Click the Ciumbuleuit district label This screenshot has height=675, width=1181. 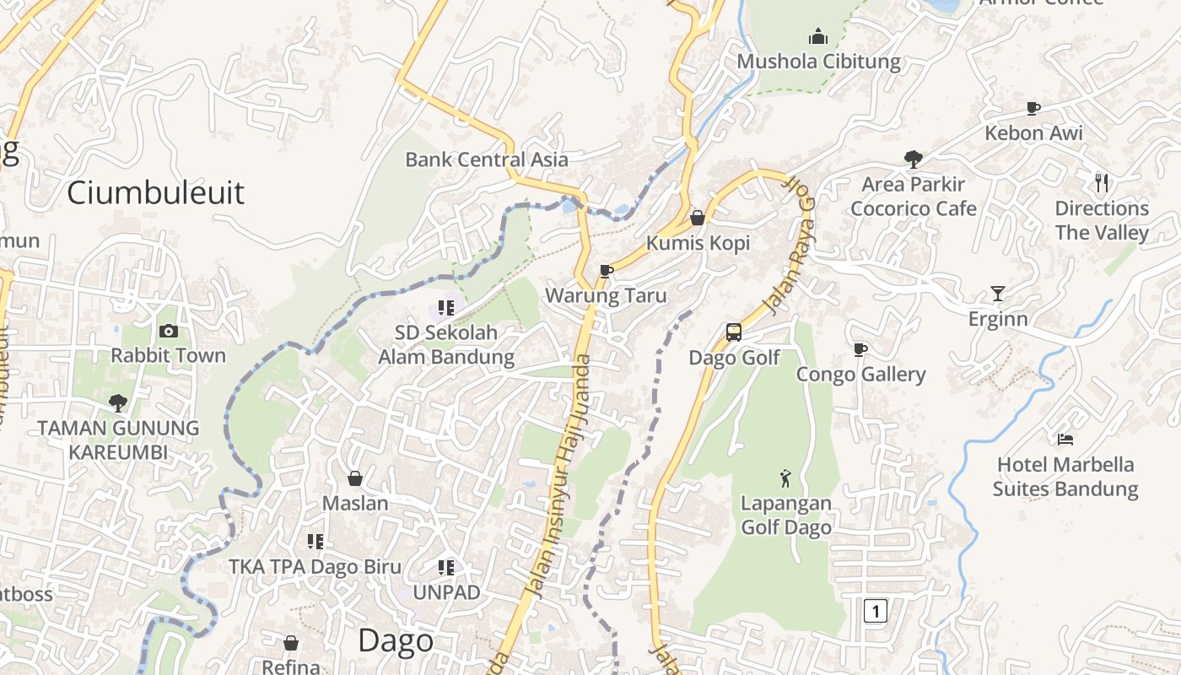pos(155,192)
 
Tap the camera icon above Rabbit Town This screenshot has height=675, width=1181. pos(169,332)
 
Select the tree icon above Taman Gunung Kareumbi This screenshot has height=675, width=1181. pos(118,403)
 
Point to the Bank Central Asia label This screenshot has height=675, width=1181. pos(487,159)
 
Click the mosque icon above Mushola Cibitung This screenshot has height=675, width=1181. pos(818,36)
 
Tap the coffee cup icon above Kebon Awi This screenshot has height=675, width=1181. pos(1033,108)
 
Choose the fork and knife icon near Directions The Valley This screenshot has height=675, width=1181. pos(1101,183)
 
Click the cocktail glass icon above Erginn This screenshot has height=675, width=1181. pos(998,294)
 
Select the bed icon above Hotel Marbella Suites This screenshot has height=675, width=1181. pos(1065,440)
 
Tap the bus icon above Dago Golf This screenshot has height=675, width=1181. pos(734,332)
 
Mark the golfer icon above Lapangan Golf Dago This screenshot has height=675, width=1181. pos(785,478)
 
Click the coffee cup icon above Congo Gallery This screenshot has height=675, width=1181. pos(860,349)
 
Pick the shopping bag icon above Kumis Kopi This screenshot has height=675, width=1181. pos(698,218)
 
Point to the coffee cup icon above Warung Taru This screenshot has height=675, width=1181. pos(606,271)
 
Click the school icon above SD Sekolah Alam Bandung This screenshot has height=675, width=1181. pos(446,308)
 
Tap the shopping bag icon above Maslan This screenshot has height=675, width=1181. pos(355,478)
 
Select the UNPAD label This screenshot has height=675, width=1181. pos(446,592)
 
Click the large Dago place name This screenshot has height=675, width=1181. pos(396,641)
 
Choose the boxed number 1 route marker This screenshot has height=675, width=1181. pos(876,610)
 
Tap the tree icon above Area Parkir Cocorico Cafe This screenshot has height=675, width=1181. pos(913,159)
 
